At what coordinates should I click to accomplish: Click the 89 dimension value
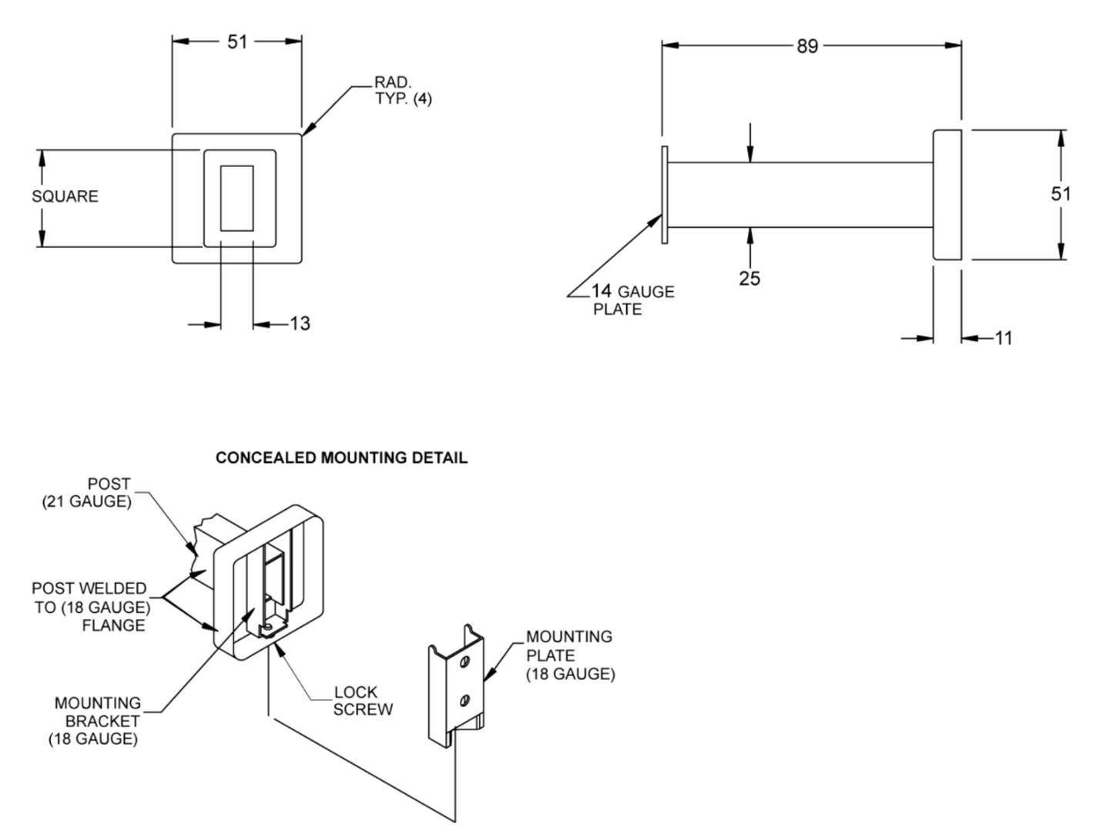pos(806,46)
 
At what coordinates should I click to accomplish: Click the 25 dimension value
pos(749,278)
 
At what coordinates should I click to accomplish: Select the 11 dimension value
pos(1003,337)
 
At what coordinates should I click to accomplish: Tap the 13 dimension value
pos(300,323)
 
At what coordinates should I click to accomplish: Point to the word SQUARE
pos(65,196)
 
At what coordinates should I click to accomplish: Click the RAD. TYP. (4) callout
pos(402,91)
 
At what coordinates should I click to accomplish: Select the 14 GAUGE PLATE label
pos(632,300)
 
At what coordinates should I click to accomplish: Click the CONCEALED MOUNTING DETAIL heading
pos(341,458)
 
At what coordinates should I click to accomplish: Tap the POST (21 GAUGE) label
pos(87,493)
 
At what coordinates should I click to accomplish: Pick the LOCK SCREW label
pos(363,701)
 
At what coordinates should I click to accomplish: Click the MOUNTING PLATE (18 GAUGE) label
pos(570,655)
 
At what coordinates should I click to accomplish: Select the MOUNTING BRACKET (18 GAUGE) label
pos(96,722)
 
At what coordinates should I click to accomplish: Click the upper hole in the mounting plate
pos(464,662)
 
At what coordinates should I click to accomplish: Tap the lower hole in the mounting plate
pos(464,700)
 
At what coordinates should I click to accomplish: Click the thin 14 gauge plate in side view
pos(664,195)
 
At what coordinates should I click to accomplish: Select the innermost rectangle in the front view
pos(236,198)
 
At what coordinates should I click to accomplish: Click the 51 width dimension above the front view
pos(237,42)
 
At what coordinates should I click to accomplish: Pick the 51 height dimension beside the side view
pos(1061,194)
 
